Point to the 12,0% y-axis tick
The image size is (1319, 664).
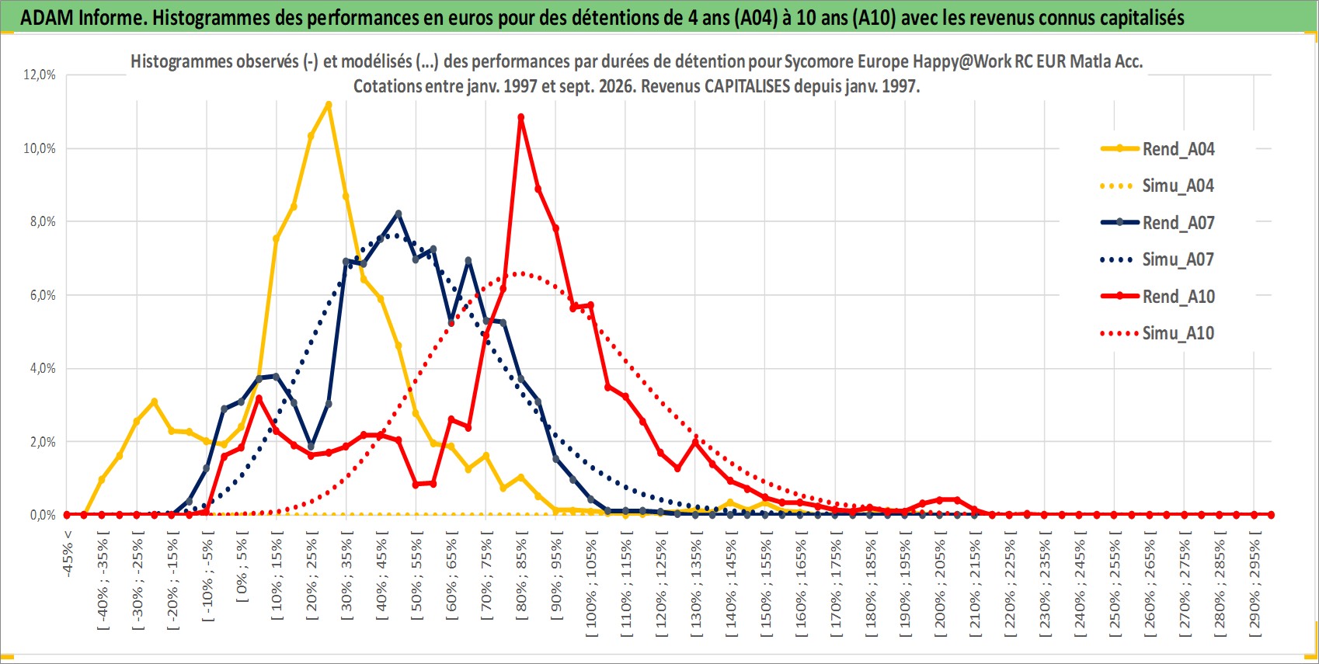pyautogui.click(x=40, y=75)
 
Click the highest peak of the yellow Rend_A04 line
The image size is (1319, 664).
pyautogui.click(x=329, y=105)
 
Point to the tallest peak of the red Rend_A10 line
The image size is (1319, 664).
pyautogui.click(x=521, y=117)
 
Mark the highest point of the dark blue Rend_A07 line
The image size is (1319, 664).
pyautogui.click(x=398, y=214)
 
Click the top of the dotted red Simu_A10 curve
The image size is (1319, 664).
pyautogui.click(x=521, y=273)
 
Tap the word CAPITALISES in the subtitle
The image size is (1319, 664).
pyautogui.click(x=747, y=86)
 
